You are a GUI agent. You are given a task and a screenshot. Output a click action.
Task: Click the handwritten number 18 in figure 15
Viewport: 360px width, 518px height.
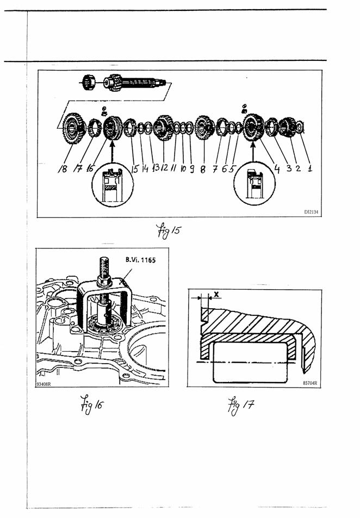(x=63, y=169)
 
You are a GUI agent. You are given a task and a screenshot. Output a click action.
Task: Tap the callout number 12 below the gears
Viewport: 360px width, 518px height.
(x=164, y=167)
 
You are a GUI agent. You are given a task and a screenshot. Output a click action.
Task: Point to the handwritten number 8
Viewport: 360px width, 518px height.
(x=203, y=169)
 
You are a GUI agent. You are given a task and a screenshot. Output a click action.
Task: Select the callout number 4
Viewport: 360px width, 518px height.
(x=277, y=169)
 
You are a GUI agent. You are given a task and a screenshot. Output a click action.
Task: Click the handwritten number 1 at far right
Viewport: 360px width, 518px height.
(x=310, y=168)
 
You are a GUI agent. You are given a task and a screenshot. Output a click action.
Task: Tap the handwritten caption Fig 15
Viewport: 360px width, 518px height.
(x=169, y=230)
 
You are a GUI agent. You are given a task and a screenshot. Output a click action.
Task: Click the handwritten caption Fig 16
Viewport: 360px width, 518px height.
(x=91, y=404)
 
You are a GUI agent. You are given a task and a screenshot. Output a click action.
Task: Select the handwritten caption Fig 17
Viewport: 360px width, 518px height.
(x=241, y=405)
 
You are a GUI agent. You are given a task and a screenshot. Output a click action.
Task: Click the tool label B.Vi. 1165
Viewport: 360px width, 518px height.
(x=140, y=260)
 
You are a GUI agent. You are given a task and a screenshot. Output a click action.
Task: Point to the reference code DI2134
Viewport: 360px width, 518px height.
(x=311, y=212)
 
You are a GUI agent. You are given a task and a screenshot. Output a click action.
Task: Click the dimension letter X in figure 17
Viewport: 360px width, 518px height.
(x=216, y=294)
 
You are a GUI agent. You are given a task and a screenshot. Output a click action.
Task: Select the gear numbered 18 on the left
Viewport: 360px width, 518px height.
(x=73, y=128)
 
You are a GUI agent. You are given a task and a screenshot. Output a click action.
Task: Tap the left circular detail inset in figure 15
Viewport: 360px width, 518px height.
(x=113, y=185)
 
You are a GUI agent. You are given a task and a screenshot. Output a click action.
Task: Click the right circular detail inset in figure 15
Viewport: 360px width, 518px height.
(x=254, y=184)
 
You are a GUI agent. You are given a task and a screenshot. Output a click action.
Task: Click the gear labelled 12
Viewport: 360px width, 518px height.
(x=164, y=128)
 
